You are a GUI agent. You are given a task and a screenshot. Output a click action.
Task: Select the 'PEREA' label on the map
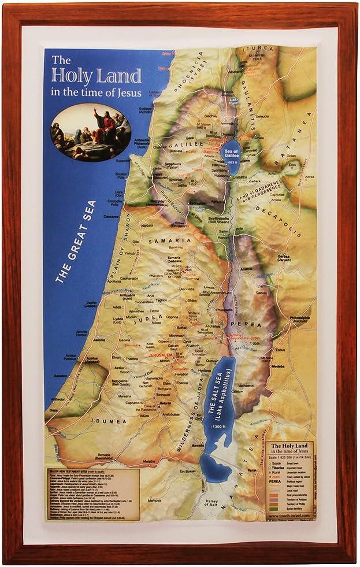coord(239,325)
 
